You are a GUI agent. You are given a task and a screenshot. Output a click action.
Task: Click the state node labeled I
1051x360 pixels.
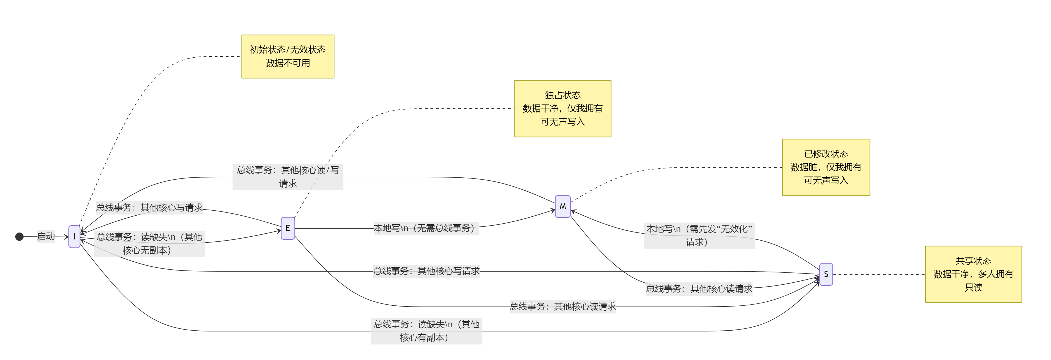[74, 236]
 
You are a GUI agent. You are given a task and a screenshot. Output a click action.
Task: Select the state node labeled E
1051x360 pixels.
[288, 228]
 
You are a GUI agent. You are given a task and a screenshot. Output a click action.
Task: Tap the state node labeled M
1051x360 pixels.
[563, 206]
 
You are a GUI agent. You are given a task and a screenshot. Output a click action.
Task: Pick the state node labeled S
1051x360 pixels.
[826, 274]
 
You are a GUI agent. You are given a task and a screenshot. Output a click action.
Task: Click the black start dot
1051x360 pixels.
[19, 237]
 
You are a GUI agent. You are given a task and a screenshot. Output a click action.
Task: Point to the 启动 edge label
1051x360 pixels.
[46, 236]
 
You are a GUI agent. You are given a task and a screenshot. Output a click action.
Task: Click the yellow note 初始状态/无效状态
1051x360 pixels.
[288, 56]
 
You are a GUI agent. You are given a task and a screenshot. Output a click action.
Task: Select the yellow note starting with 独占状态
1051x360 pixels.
[563, 109]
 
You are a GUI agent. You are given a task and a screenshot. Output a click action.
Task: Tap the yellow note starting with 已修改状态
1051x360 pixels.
[826, 167]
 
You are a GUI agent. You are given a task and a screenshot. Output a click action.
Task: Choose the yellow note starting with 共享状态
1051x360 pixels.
[973, 274]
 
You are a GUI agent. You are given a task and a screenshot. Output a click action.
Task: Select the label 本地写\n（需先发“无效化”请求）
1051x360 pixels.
[699, 236]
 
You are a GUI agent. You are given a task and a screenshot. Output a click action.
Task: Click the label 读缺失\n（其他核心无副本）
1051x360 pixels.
[149, 244]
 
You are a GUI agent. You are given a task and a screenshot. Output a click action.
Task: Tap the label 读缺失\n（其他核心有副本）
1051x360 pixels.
[426, 331]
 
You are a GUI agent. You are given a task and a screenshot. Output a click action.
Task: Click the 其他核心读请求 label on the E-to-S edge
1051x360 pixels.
[563, 307]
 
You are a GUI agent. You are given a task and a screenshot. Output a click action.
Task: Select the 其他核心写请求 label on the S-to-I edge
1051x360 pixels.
[426, 271]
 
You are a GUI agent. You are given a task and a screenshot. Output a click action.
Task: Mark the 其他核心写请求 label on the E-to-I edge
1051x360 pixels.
[149, 207]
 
